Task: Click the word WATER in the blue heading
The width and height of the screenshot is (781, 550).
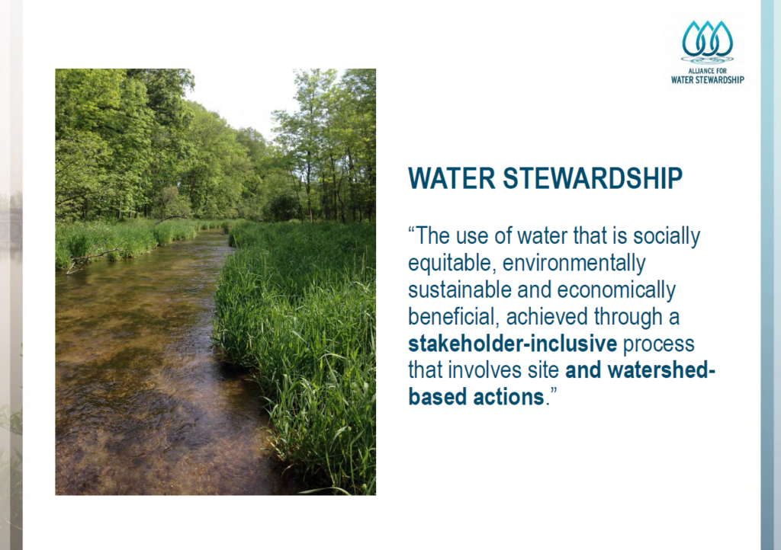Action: (452, 178)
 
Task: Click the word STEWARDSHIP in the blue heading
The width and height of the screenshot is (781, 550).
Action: (593, 178)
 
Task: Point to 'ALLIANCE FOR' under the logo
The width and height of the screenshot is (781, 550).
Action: (707, 71)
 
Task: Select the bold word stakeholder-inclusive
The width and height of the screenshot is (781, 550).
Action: (513, 344)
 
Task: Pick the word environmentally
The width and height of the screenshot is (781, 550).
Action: (574, 263)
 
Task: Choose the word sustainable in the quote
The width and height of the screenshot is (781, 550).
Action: (460, 290)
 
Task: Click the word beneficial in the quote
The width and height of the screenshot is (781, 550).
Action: (453, 317)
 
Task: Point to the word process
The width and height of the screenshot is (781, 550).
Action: (658, 344)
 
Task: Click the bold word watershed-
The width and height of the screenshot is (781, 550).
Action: (661, 370)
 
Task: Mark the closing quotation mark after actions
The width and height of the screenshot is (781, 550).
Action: (553, 392)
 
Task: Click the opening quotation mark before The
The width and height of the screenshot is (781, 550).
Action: (412, 231)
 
